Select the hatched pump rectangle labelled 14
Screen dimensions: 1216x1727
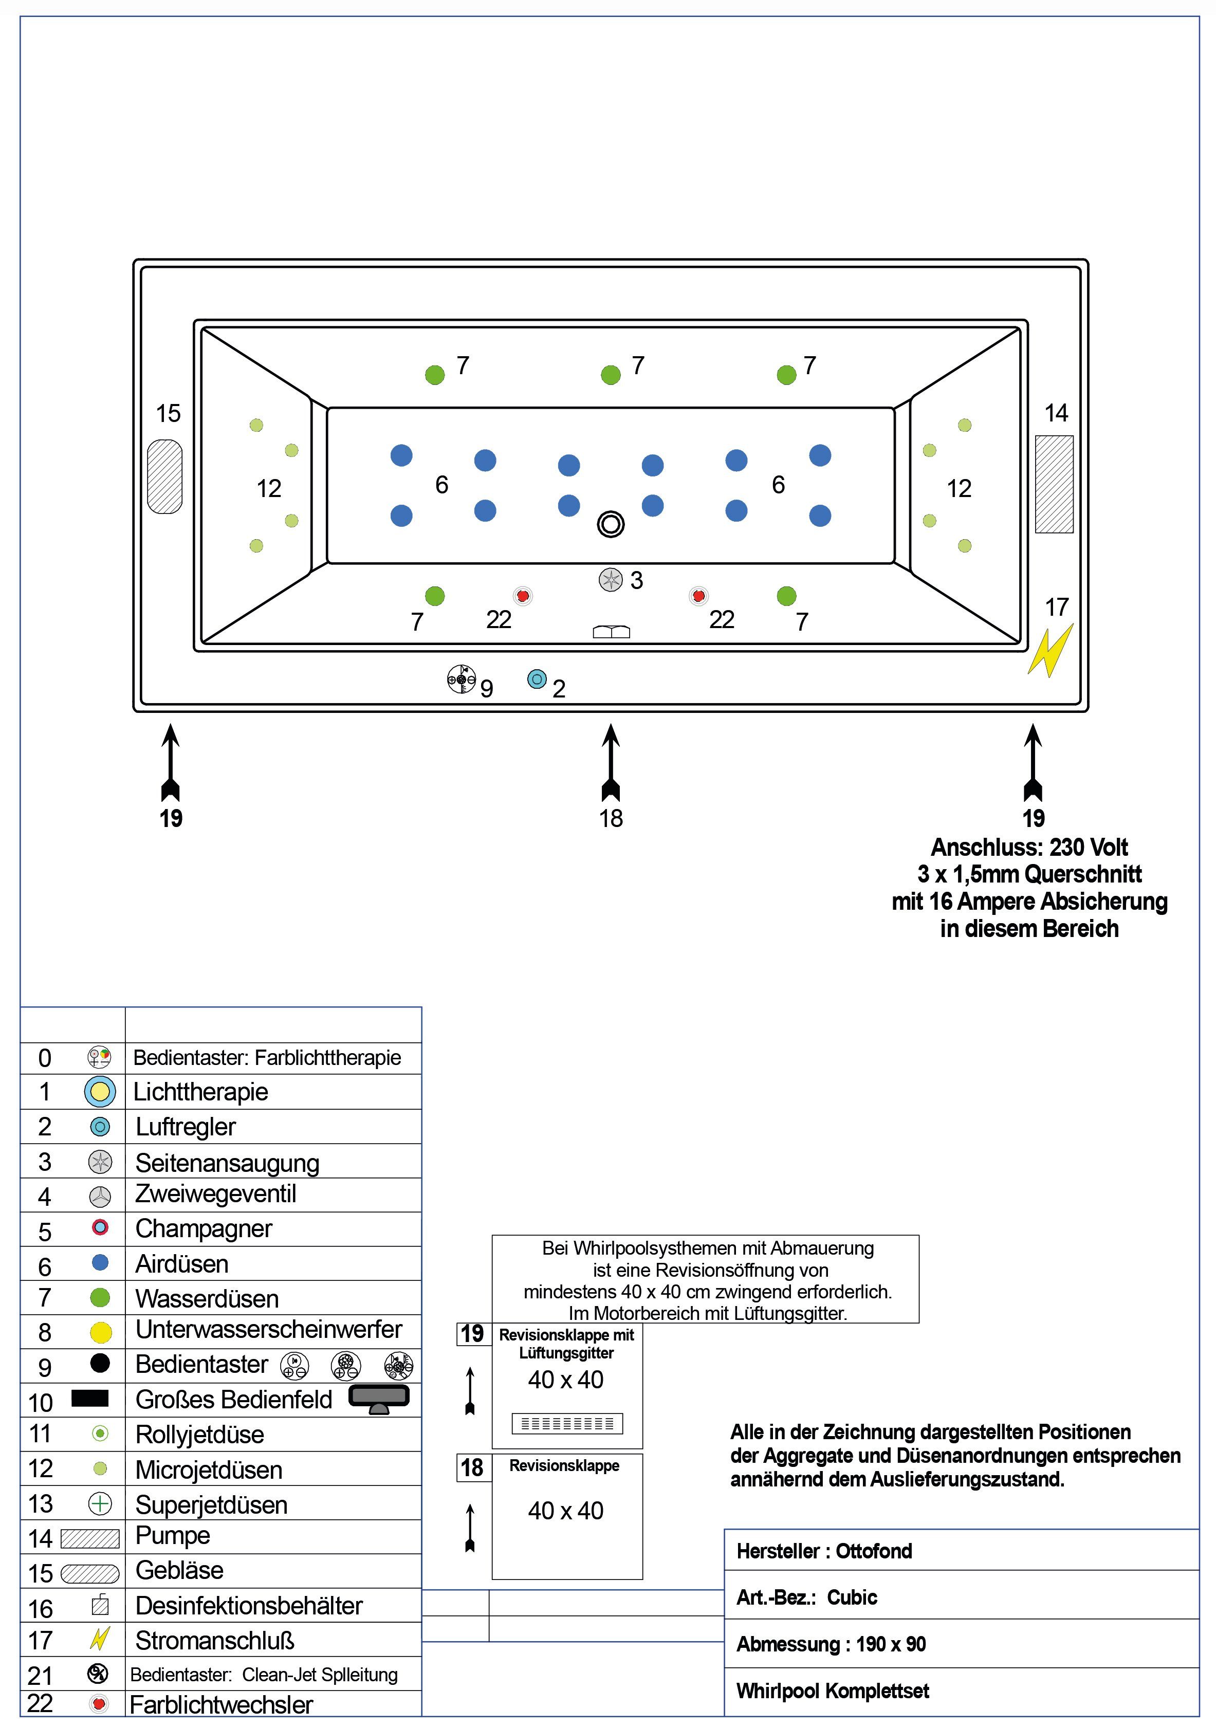point(1054,484)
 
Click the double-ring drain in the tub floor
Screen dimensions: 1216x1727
point(611,524)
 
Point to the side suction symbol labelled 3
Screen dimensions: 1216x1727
point(611,580)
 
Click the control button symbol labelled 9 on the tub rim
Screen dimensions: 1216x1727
point(461,678)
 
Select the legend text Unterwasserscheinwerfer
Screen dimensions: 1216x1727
point(268,1329)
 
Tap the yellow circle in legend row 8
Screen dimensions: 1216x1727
point(100,1332)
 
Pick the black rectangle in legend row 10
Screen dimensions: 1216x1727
point(90,1398)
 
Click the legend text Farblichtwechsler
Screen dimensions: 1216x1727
point(221,1704)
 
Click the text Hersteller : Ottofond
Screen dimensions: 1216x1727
point(824,1551)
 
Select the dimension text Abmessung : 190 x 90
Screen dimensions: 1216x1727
point(831,1644)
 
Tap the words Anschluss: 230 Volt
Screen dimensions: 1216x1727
point(1029,848)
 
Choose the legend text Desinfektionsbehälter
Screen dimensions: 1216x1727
point(249,1606)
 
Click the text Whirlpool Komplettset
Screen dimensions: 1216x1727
point(833,1691)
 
